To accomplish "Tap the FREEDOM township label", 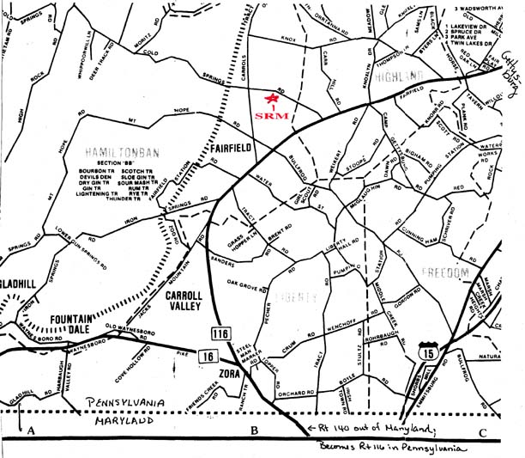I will [446, 272].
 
